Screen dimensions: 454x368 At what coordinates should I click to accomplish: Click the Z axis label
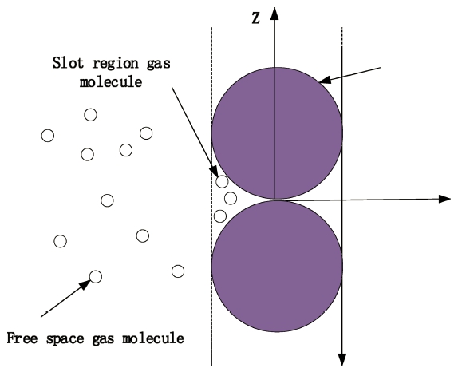tap(255, 18)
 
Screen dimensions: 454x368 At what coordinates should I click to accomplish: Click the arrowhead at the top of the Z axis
tap(274, 14)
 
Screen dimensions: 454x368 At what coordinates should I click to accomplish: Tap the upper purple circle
tap(277, 133)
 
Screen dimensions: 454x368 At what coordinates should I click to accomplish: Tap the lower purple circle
tap(277, 266)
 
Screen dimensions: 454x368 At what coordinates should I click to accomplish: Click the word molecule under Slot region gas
tap(111, 81)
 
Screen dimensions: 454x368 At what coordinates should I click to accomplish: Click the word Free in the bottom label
tap(22, 338)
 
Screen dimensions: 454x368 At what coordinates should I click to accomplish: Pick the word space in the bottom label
tap(65, 339)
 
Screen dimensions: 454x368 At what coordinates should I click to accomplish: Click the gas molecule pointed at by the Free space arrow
tap(96, 276)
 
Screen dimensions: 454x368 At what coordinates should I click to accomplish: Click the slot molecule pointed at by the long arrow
tap(222, 181)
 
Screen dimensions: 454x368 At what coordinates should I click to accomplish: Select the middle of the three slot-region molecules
tap(231, 199)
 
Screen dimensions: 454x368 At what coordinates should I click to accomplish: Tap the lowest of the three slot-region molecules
tap(220, 216)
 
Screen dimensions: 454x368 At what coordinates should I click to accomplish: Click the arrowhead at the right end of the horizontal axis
tap(445, 199)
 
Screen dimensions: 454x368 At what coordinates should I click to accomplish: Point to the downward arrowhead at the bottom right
tap(342, 359)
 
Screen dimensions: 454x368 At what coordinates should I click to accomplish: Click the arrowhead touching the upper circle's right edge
tap(325, 80)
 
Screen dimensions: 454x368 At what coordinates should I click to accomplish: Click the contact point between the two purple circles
tap(276, 200)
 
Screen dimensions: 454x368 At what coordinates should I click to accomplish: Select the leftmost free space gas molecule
tap(48, 136)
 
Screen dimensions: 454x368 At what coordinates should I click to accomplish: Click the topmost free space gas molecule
tap(90, 115)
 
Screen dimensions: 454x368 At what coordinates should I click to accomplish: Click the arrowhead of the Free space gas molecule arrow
tap(85, 284)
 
